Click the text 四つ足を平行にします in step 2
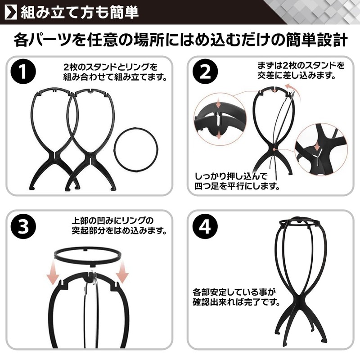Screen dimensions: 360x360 [x=237, y=185]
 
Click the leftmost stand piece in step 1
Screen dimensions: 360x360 [x=49, y=135]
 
